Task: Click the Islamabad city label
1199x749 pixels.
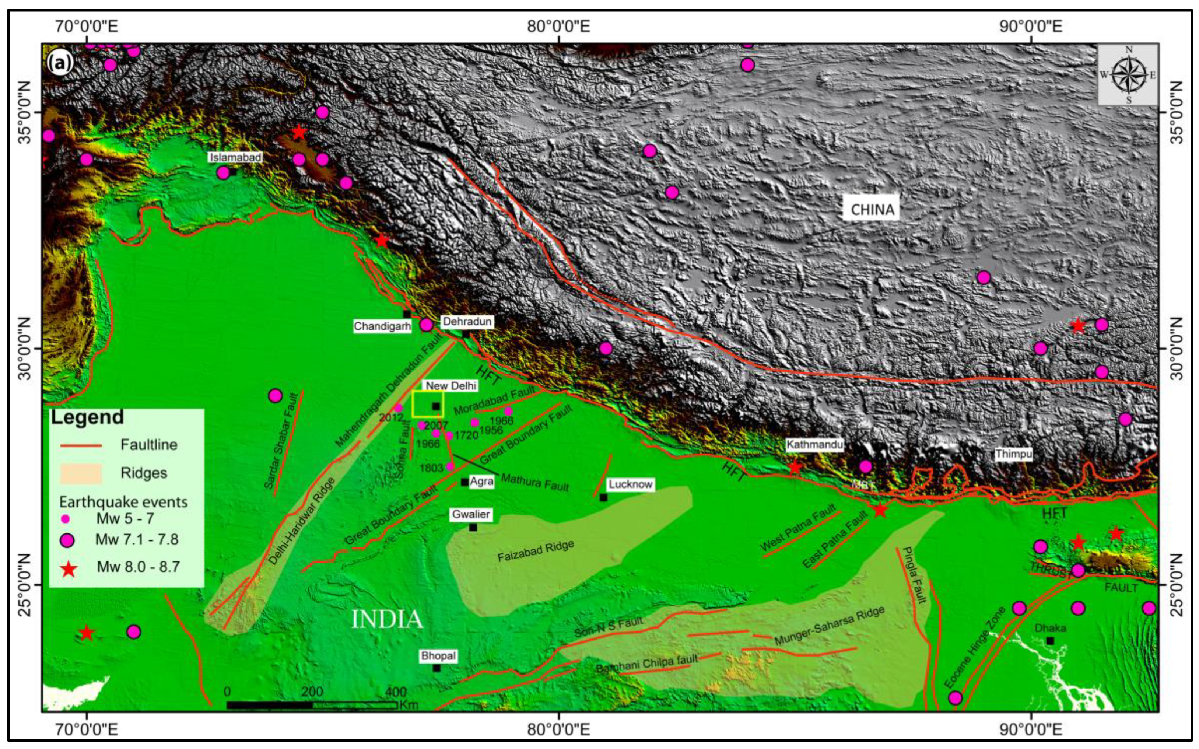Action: tap(235, 157)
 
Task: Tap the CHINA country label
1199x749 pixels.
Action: tap(872, 210)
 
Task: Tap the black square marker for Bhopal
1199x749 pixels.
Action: tap(436, 668)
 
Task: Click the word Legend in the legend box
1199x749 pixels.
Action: tap(87, 417)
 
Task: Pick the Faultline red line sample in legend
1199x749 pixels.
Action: tap(81, 445)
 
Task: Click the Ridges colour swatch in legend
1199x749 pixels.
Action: tap(81, 473)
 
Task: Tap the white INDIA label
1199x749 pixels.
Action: tap(386, 620)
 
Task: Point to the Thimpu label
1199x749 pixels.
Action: tap(1013, 454)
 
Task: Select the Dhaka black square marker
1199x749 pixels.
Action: tap(1050, 641)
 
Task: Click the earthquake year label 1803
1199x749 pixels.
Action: tap(431, 468)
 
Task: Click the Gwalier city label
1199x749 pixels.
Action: tap(470, 514)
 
